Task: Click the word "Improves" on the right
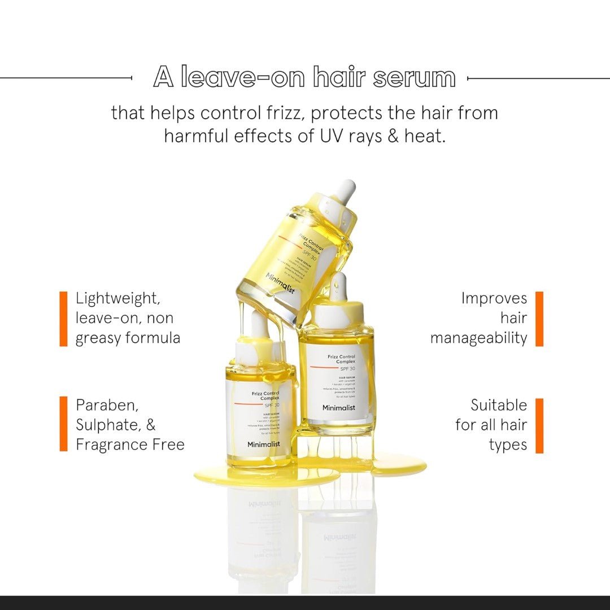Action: pos(494,298)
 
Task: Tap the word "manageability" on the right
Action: pos(478,338)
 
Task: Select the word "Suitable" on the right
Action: pos(499,405)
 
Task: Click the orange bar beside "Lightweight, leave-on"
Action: pos(63,319)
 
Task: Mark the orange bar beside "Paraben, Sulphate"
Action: pos(63,424)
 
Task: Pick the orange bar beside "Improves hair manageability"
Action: pos(539,319)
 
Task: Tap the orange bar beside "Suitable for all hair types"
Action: pos(539,425)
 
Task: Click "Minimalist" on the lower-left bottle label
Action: pos(263,444)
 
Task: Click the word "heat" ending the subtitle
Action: pos(424,136)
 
